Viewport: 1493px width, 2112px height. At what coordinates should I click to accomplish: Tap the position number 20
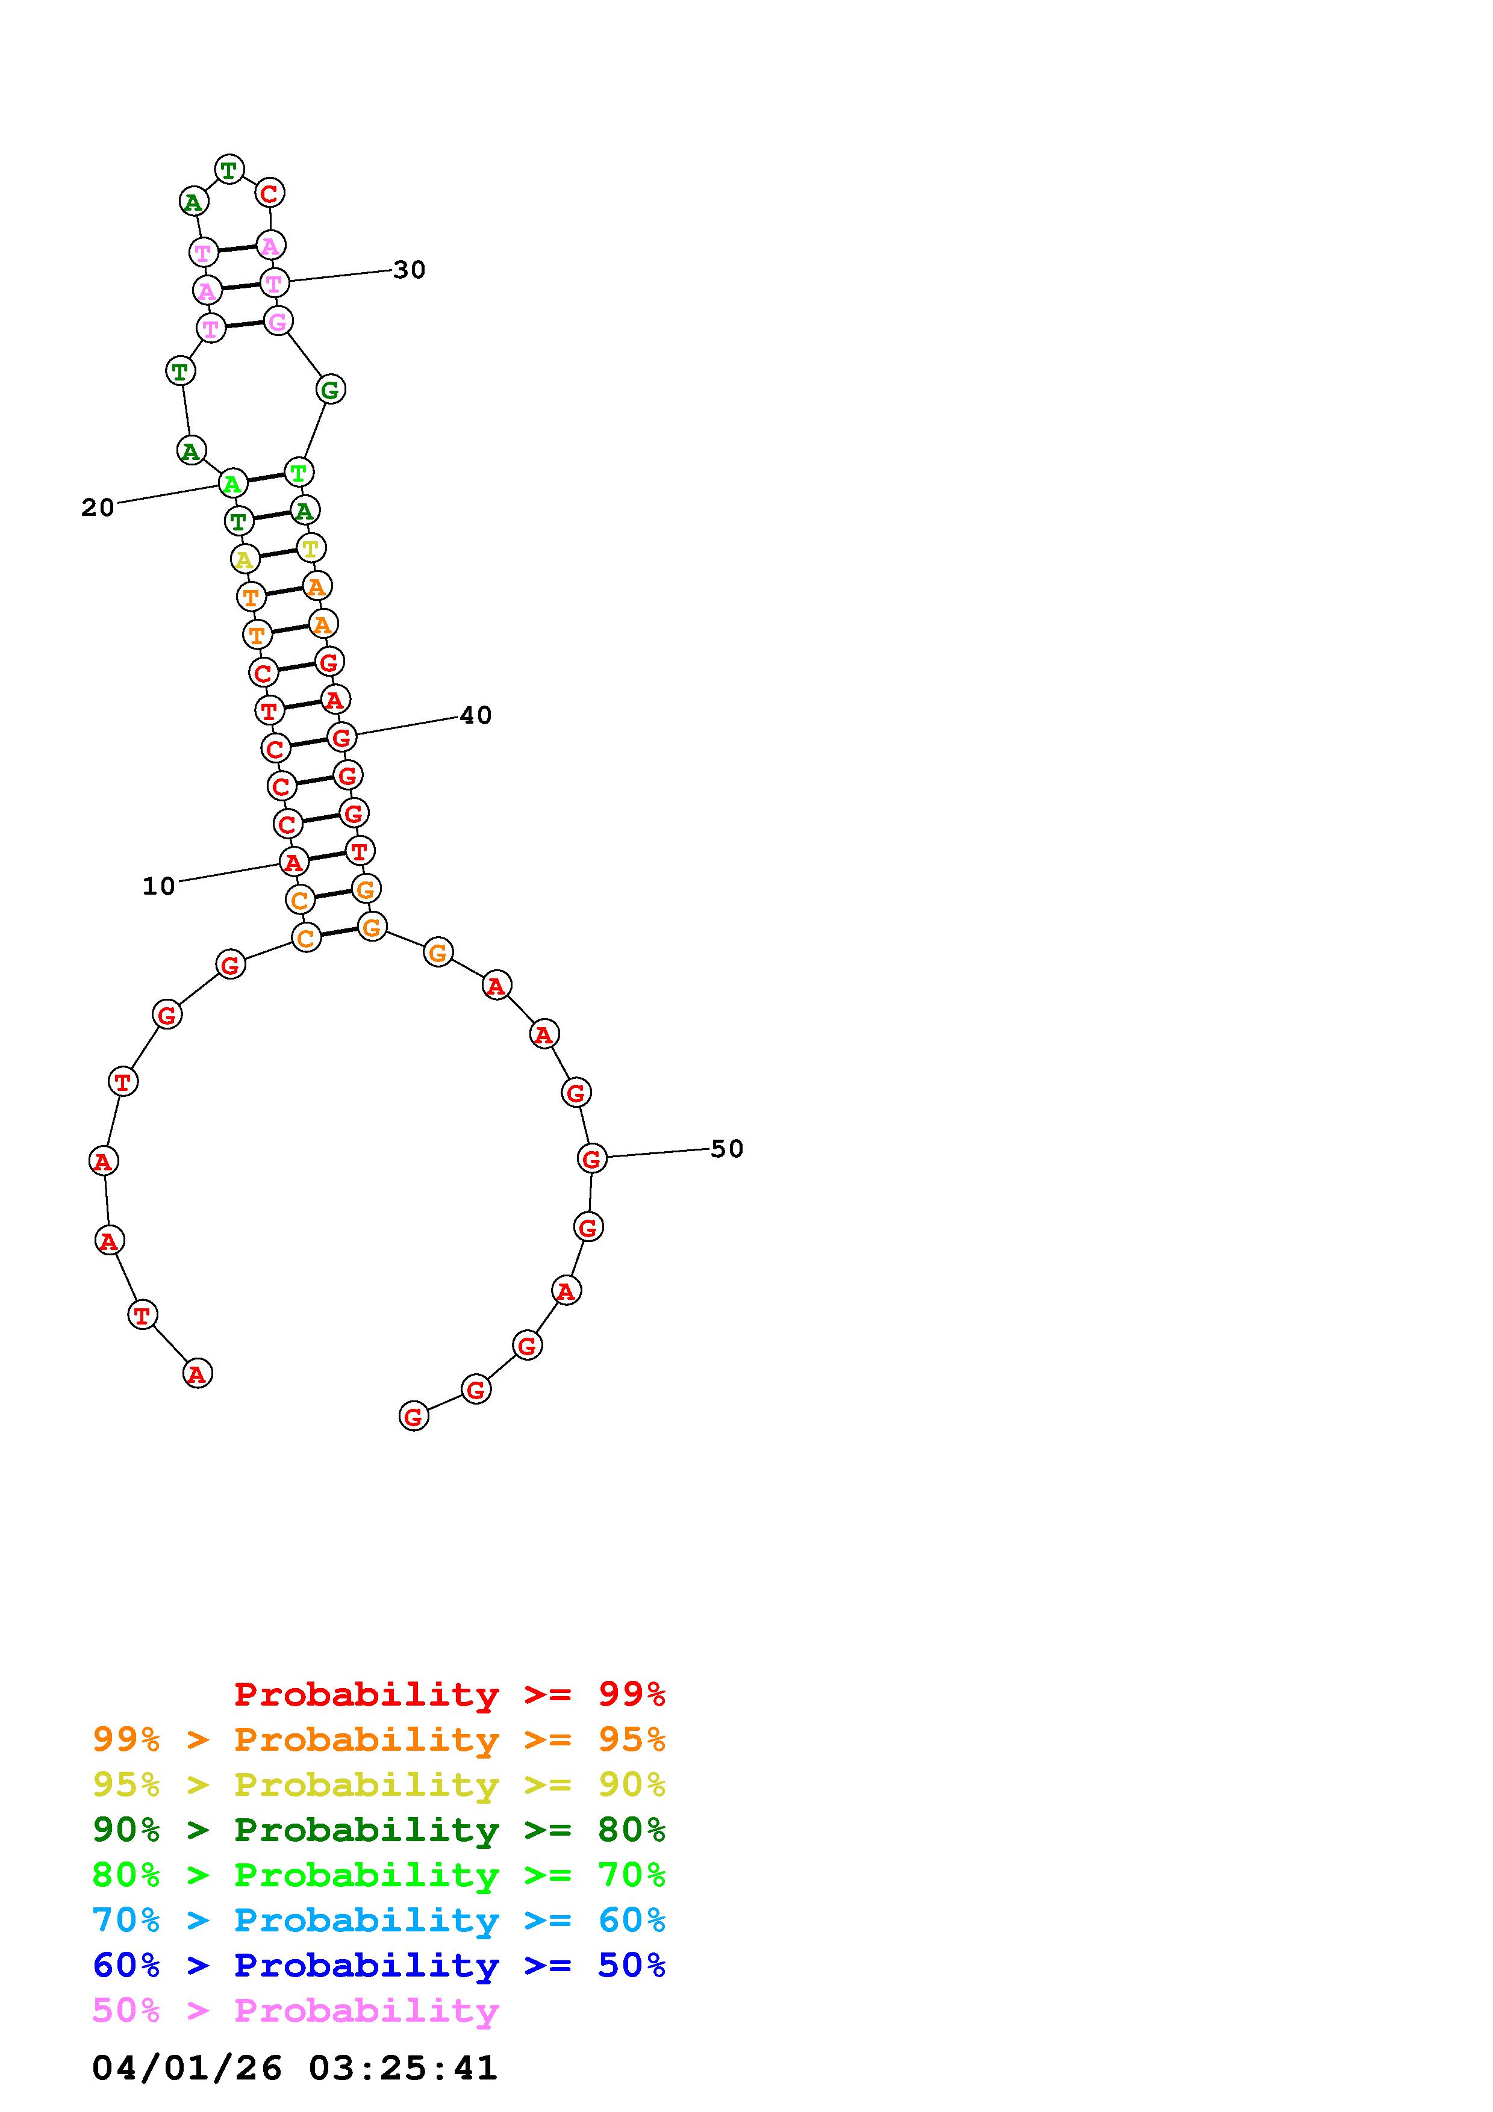click(x=98, y=508)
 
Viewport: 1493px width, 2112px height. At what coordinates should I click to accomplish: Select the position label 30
click(x=410, y=270)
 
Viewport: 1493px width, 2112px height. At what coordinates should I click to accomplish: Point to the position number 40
click(x=476, y=716)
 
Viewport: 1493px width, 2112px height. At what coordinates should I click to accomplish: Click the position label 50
click(x=727, y=1149)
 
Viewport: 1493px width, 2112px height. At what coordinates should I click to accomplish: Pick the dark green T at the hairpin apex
click(x=229, y=169)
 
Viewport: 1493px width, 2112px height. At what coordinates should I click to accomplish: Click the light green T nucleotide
click(x=299, y=473)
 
